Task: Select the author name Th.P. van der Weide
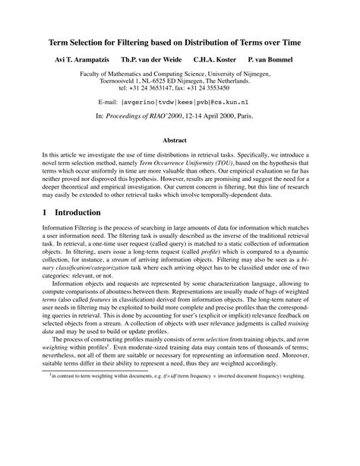tap(159, 59)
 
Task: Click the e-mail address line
tap(180, 100)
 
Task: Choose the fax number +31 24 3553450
tap(223, 88)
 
